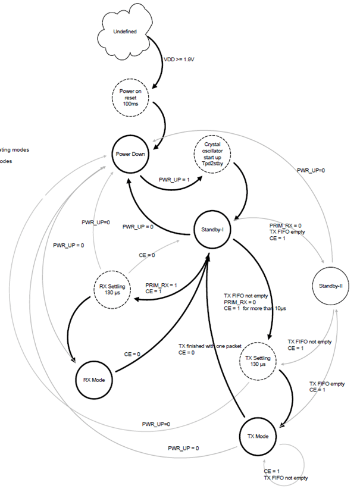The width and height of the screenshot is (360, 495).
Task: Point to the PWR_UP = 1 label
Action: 173,178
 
